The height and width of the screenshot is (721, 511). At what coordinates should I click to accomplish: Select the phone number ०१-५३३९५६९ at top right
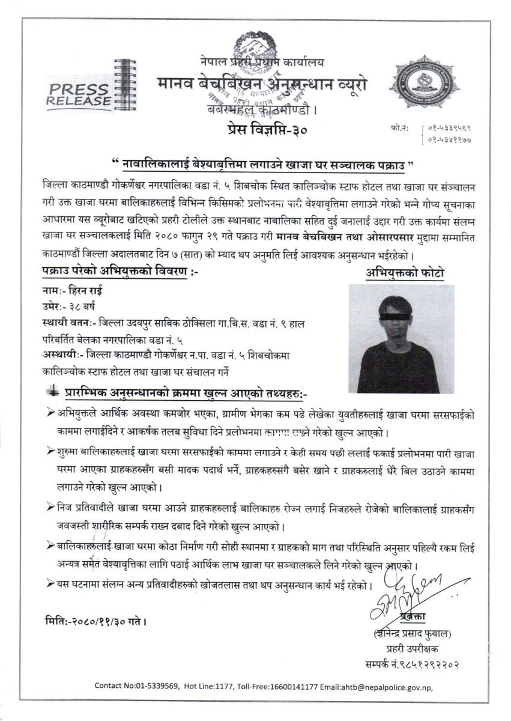coord(449,127)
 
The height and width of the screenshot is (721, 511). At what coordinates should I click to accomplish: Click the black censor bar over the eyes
coord(397,315)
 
